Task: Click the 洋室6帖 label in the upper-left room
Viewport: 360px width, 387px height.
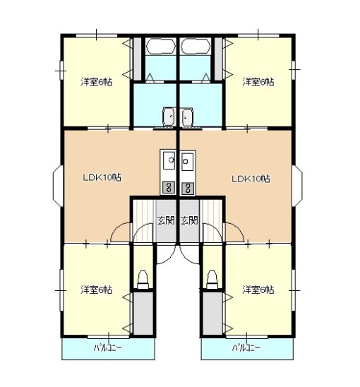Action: point(96,82)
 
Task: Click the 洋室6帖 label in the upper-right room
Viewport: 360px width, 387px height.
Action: point(258,82)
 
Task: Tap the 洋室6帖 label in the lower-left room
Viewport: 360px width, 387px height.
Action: point(96,290)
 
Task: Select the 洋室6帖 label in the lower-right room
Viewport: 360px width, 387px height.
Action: point(258,290)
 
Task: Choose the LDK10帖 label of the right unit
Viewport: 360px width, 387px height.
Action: point(251,179)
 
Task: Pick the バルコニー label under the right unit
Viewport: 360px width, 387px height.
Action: point(246,348)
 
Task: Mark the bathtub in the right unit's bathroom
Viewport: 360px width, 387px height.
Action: point(195,47)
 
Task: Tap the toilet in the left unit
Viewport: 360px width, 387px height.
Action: point(143,278)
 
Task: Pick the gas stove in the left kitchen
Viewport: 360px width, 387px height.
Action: point(169,187)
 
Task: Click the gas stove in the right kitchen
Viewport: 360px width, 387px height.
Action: point(187,187)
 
